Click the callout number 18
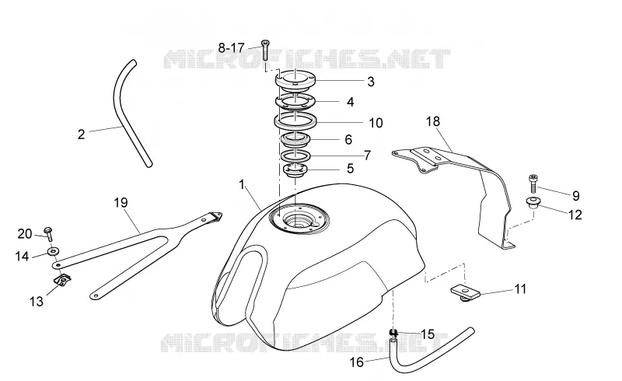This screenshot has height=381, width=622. point(433,121)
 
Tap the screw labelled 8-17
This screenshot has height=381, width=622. point(265,50)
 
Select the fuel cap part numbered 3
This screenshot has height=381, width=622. point(295,78)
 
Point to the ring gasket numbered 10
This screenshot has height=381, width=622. point(295,120)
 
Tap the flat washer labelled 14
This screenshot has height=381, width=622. point(53,251)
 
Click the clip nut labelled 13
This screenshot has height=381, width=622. point(62,280)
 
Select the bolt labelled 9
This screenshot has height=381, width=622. point(533,184)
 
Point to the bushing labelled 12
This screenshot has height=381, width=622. point(533,202)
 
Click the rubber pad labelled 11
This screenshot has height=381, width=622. point(465,292)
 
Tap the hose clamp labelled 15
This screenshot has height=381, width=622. point(393,333)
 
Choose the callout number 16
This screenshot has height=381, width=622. point(357,362)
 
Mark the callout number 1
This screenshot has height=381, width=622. point(242,185)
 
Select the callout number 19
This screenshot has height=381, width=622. point(121,203)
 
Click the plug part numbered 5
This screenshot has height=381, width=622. point(295,170)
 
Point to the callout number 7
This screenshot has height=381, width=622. point(367,156)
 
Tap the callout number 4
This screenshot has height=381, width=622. point(350,103)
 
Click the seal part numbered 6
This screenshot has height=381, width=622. point(295,138)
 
